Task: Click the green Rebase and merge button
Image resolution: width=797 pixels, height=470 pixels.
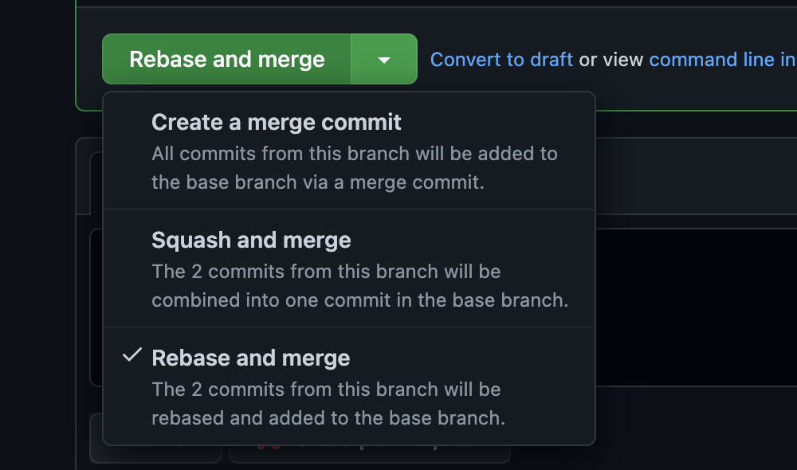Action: tap(226, 59)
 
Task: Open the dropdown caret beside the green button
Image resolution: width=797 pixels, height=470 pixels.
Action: tap(384, 60)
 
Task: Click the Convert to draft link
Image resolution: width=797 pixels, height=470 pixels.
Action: tap(501, 60)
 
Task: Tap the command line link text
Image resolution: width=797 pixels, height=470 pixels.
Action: tap(722, 60)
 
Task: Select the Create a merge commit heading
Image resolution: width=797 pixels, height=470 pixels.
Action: tap(277, 123)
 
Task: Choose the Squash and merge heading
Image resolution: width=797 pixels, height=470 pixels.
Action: tap(251, 241)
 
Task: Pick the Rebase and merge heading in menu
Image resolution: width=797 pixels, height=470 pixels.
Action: tap(250, 358)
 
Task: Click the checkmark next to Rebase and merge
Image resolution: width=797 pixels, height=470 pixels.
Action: tap(132, 354)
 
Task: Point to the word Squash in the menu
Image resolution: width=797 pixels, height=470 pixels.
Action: tap(191, 241)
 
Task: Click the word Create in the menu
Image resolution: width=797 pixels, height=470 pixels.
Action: tap(187, 123)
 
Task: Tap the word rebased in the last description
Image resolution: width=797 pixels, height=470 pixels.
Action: tap(187, 417)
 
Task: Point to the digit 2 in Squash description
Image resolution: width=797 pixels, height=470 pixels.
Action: tap(197, 272)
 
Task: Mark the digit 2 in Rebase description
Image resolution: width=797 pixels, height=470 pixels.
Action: tap(197, 390)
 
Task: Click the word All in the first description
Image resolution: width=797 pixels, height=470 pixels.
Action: tap(163, 154)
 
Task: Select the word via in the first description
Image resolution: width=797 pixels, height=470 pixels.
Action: tap(315, 182)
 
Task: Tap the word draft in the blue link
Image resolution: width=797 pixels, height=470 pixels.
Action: tap(552, 60)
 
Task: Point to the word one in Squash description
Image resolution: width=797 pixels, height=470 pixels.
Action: tap(302, 300)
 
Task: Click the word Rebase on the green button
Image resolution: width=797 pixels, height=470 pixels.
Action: tap(168, 60)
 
